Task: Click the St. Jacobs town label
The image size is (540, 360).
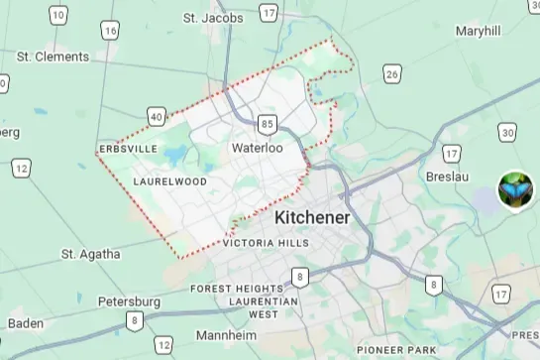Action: (213, 18)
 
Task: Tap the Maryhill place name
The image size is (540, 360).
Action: (479, 32)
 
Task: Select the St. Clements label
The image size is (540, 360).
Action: (54, 57)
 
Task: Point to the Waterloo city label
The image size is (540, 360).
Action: (257, 148)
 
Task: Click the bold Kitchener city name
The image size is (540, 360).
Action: (312, 217)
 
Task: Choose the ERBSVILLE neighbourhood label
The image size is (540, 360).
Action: (128, 149)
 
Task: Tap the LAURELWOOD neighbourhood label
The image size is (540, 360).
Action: (169, 182)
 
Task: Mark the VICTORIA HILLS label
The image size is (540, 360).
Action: (266, 243)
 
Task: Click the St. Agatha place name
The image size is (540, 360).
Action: (90, 254)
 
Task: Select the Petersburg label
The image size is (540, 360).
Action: (129, 300)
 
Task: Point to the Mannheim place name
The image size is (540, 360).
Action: (227, 335)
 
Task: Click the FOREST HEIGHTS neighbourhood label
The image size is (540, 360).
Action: (237, 289)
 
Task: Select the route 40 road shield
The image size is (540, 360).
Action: (156, 117)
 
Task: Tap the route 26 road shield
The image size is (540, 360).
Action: (392, 74)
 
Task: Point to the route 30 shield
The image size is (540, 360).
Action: (507, 133)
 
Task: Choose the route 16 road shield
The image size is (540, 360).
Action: (110, 32)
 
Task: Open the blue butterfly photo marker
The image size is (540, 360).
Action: (515, 189)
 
